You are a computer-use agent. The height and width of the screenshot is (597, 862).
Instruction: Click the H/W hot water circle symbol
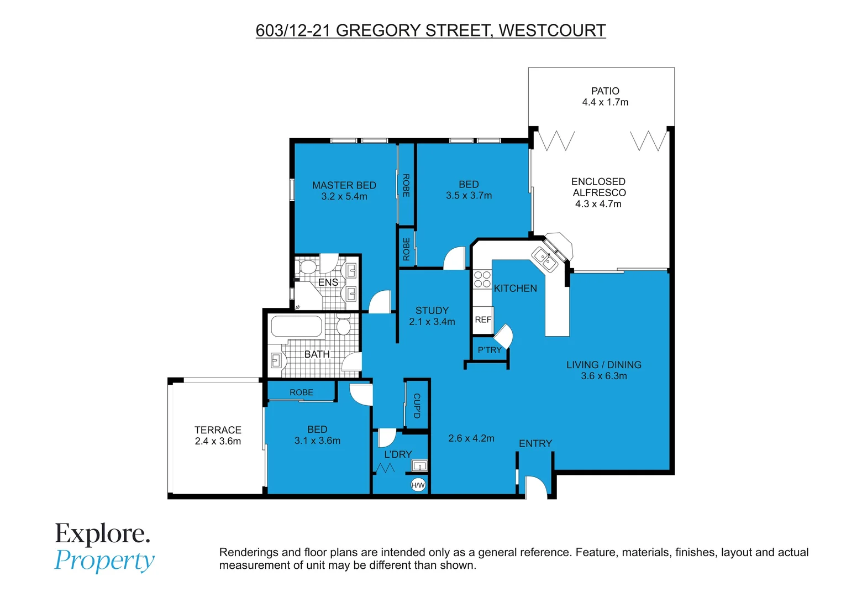pyautogui.click(x=418, y=485)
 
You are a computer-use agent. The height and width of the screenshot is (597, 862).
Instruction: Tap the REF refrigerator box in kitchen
pyautogui.click(x=483, y=320)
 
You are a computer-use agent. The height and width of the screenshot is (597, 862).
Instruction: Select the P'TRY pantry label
pyautogui.click(x=490, y=350)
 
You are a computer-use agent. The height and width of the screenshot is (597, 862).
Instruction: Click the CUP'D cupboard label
pyautogui.click(x=417, y=406)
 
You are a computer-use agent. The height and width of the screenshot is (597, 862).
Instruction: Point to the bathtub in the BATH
pyautogui.click(x=296, y=327)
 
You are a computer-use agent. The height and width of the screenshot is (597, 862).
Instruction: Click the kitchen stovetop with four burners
pyautogui.click(x=482, y=279)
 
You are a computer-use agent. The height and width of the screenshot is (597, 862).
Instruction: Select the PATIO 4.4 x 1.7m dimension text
pyautogui.click(x=605, y=102)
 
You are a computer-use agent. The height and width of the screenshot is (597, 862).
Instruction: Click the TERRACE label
pyautogui.click(x=218, y=430)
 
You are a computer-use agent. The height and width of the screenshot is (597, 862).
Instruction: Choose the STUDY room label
pyautogui.click(x=432, y=311)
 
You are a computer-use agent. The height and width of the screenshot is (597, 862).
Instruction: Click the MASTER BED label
pyautogui.click(x=344, y=185)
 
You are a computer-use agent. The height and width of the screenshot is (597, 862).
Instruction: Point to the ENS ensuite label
pyautogui.click(x=328, y=282)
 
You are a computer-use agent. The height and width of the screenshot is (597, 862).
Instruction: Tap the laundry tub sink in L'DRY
pyautogui.click(x=419, y=465)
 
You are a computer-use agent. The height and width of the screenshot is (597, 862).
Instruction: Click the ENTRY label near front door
pyautogui.click(x=535, y=443)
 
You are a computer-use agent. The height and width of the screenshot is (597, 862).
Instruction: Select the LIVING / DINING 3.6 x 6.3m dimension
pyautogui.click(x=603, y=376)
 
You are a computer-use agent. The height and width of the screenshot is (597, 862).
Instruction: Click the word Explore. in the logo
pyautogui.click(x=102, y=533)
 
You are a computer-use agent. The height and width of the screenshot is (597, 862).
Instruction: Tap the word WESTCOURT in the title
pyautogui.click(x=552, y=30)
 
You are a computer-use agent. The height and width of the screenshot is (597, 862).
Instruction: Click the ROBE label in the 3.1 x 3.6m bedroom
pyautogui.click(x=301, y=392)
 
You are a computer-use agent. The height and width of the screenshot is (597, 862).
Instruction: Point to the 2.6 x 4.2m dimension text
pyautogui.click(x=471, y=438)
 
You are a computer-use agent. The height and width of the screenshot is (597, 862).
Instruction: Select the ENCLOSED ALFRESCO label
pyautogui.click(x=598, y=187)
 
